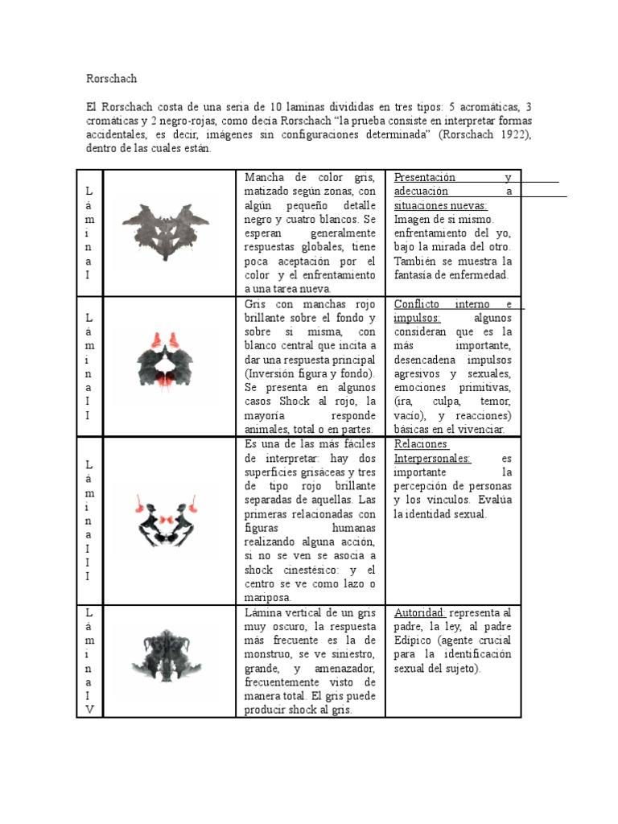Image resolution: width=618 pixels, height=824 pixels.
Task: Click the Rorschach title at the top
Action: point(111,79)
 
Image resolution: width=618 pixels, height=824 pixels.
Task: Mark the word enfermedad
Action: point(477,275)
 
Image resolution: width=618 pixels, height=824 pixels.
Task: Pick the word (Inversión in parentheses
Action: point(274,374)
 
